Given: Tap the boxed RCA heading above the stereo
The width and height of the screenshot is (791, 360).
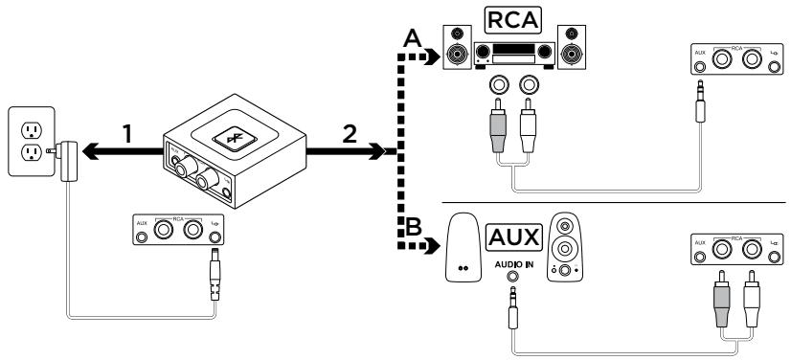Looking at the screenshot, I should [x=508, y=20].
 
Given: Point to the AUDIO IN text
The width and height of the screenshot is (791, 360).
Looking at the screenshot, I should [x=514, y=262].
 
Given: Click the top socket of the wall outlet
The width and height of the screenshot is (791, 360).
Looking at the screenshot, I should [x=30, y=125].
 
